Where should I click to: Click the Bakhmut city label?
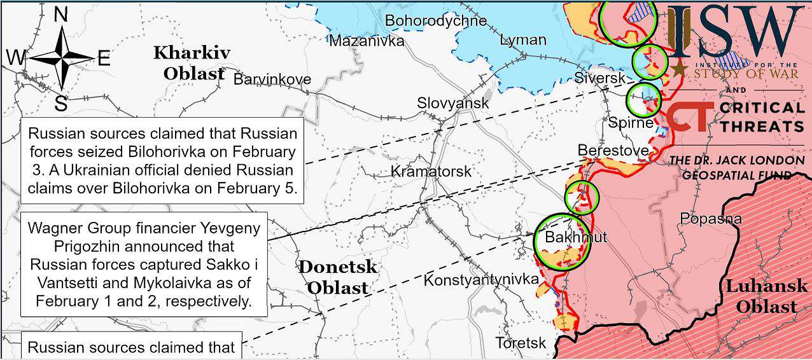point(576,238)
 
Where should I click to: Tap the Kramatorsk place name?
point(431,172)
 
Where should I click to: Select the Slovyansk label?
point(453,103)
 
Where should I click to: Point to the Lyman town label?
point(523,40)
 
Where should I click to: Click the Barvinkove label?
point(272,80)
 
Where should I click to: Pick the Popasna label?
point(711,219)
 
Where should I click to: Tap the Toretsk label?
point(521,343)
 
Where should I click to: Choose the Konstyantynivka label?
point(481,280)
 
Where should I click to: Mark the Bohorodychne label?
point(436,21)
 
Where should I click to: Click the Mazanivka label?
point(367,41)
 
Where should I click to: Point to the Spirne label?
point(631,123)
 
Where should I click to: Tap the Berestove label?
point(613,151)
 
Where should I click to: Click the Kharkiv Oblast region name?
point(192,63)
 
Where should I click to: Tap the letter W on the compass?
point(16,59)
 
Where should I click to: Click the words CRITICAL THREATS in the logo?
point(762,117)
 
